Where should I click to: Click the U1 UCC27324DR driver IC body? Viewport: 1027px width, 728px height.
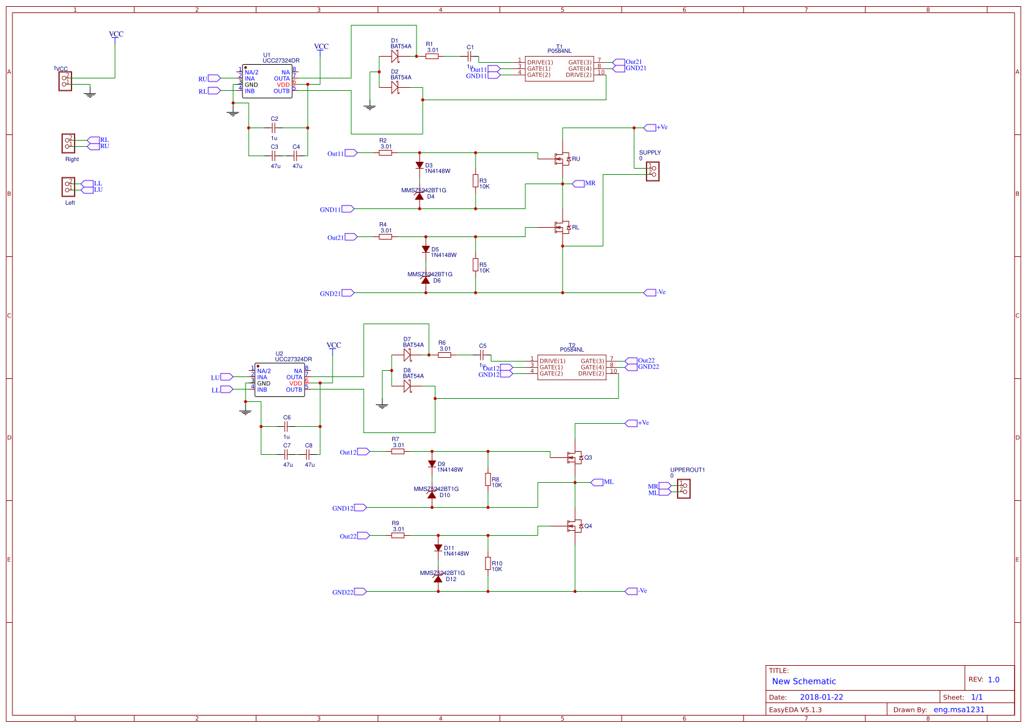pos(267,82)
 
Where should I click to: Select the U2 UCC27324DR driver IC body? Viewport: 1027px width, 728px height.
pos(280,380)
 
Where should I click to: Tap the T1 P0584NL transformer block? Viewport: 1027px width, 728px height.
pos(559,68)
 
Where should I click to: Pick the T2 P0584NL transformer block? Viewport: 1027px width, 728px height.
pos(571,367)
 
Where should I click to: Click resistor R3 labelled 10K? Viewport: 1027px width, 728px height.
pos(476,181)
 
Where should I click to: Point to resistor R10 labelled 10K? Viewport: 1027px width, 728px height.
pos(488,564)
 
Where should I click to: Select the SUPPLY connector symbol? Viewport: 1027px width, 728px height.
pos(652,171)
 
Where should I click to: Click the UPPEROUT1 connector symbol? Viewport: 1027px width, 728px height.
pos(683,488)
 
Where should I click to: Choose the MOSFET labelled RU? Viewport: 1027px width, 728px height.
pos(562,159)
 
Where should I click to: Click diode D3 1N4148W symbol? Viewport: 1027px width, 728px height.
pos(420,166)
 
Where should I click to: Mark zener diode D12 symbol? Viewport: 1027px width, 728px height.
pos(438,579)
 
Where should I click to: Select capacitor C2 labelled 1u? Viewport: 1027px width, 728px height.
pos(274,128)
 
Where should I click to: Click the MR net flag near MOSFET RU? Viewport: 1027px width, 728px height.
pos(578,184)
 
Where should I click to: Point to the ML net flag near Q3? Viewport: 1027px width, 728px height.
pos(597,482)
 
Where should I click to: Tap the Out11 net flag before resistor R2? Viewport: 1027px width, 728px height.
pos(351,153)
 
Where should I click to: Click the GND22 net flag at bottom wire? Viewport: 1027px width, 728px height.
pos(360,592)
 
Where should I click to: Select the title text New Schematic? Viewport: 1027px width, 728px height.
pos(803,681)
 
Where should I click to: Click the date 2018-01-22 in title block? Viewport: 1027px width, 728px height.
pos(821,698)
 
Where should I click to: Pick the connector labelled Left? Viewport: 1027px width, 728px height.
pos(68,187)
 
